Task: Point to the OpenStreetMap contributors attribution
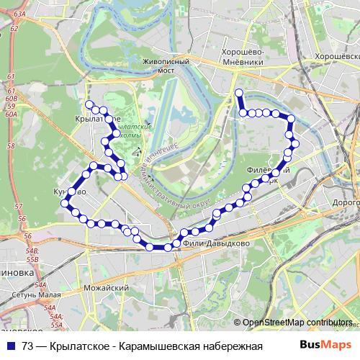pyautogui.click(x=297, y=323)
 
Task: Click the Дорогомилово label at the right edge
pyautogui.click(x=345, y=204)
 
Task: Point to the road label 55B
pyautogui.click(x=32, y=251)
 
